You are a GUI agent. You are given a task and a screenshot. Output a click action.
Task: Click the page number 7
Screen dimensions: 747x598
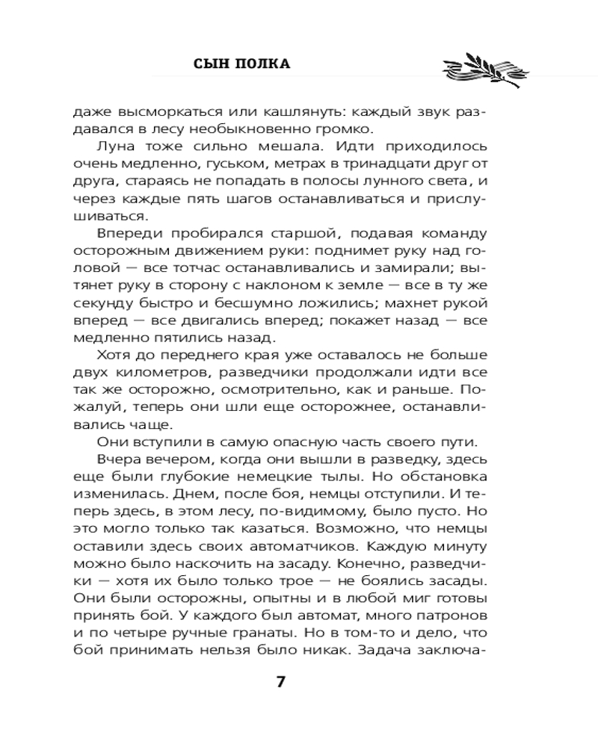pos(281,682)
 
